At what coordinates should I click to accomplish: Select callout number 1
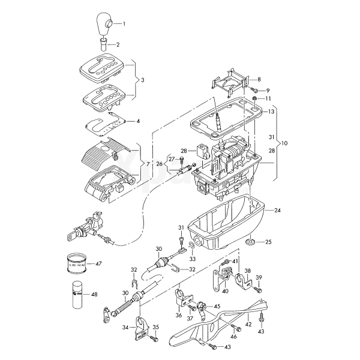[x=125, y=24]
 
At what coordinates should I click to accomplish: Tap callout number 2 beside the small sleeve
[x=118, y=45]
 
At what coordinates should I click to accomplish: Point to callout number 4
[x=138, y=121]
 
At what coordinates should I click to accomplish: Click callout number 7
[x=148, y=164]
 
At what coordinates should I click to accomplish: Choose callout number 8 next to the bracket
[x=259, y=80]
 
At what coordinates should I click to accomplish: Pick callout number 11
[x=268, y=98]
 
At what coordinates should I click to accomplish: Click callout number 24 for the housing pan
[x=278, y=211]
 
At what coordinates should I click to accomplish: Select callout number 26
[x=159, y=163]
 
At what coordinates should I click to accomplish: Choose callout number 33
[x=193, y=259]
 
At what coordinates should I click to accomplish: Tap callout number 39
[x=259, y=277]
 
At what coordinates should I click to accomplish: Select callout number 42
[x=247, y=323]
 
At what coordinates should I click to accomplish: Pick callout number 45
[x=217, y=307]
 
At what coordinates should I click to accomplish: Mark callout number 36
[x=179, y=314]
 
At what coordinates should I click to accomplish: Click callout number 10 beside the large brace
[x=284, y=144]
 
